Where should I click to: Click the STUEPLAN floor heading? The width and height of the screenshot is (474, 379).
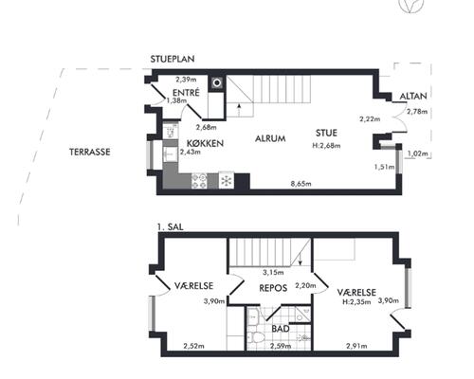coord(173,59)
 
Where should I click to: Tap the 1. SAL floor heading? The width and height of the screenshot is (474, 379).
coord(170,227)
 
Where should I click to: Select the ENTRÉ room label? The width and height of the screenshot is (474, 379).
coord(186,93)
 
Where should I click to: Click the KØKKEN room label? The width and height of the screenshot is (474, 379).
coord(205,143)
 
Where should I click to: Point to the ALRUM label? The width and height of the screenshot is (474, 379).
coord(270,138)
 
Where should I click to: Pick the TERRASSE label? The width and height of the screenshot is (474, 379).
coord(90,152)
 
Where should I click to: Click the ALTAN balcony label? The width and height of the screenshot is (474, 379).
coord(413,96)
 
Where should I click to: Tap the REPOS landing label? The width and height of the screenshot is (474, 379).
coord(273,288)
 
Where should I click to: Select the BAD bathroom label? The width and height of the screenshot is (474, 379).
coord(281,329)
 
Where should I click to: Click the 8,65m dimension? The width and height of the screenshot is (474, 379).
coord(301,184)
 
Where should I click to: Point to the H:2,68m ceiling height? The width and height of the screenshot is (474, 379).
coord(326,146)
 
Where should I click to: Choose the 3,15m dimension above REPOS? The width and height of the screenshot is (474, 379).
coord(273,272)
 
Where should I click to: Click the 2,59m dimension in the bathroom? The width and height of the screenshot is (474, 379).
coord(281,346)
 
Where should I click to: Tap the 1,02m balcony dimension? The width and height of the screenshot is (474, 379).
coord(417,153)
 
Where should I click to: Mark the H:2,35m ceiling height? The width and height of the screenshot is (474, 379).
coord(356,302)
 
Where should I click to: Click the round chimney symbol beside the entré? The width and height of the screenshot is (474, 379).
coord(217,83)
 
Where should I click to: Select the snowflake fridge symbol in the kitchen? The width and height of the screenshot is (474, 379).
coord(227,181)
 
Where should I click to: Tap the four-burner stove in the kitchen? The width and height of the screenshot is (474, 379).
coord(199,181)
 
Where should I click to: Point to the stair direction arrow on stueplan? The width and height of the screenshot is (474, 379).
coord(239,110)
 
